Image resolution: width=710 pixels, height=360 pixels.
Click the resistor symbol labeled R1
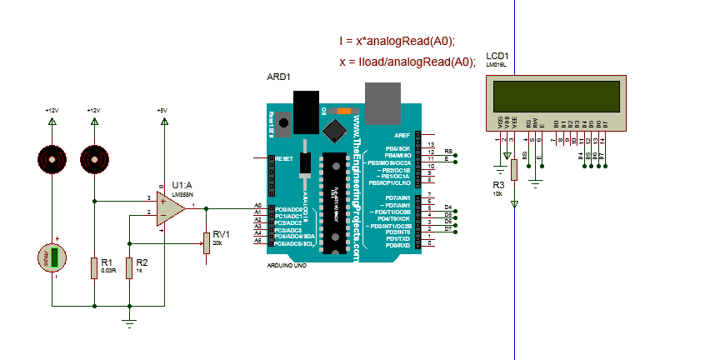(x=94, y=267)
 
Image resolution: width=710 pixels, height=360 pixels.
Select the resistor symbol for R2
(x=129, y=267)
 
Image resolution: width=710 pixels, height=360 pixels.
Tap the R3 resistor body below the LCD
(x=514, y=169)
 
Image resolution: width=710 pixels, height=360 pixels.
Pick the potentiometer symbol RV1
(x=206, y=242)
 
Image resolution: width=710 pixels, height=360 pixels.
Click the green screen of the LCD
(x=557, y=96)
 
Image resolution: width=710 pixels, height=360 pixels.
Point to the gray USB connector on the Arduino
(x=382, y=102)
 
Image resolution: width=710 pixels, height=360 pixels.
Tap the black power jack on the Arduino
(x=308, y=111)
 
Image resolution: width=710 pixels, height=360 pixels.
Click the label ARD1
(x=278, y=77)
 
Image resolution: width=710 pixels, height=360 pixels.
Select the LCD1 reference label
(x=497, y=56)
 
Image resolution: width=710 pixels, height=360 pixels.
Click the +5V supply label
(x=162, y=110)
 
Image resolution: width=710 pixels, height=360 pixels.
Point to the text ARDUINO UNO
(x=285, y=264)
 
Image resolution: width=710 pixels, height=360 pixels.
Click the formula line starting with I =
(x=397, y=41)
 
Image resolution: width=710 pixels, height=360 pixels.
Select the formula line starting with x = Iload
(x=407, y=62)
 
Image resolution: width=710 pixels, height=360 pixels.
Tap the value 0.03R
(x=107, y=271)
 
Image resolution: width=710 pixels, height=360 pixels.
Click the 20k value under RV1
(x=217, y=242)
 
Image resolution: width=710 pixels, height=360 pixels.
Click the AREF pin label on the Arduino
(x=402, y=135)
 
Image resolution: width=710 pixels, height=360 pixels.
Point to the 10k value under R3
(x=497, y=192)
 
